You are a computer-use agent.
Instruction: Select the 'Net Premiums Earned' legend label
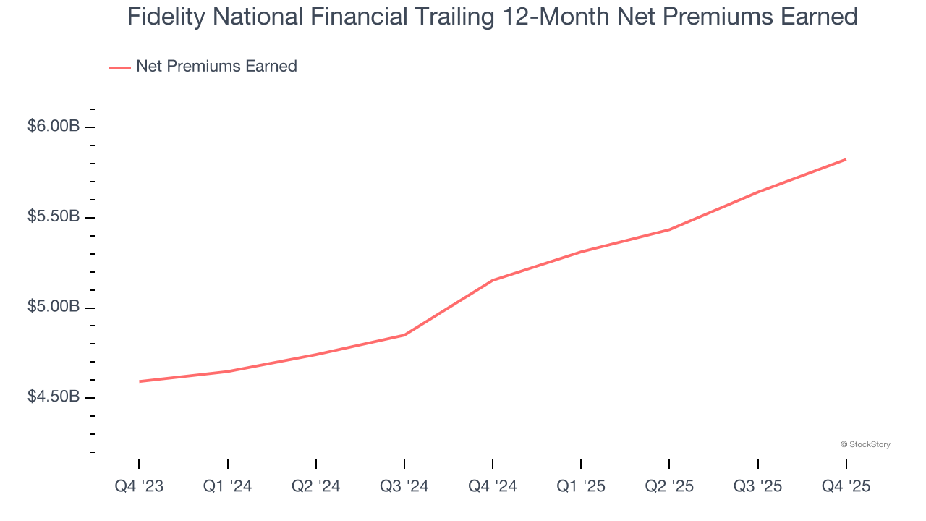click(216, 67)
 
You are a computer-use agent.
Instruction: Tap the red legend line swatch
click(119, 67)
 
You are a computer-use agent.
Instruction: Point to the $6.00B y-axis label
click(54, 126)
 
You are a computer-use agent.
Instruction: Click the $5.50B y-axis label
click(54, 216)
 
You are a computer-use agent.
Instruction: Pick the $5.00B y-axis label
click(54, 307)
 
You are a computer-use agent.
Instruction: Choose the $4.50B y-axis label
click(54, 397)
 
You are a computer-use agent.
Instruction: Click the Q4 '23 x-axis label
click(139, 486)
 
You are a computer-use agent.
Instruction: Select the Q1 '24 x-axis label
click(227, 486)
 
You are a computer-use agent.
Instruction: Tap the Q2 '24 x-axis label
click(315, 486)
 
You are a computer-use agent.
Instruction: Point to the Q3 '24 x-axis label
click(404, 486)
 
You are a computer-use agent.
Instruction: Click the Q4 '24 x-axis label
click(492, 486)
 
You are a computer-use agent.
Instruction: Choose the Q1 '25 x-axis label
click(580, 486)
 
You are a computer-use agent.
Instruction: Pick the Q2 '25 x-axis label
click(668, 486)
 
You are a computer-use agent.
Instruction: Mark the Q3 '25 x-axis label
click(757, 486)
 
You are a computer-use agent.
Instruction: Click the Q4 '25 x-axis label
click(845, 486)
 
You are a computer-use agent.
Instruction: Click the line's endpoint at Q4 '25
click(846, 159)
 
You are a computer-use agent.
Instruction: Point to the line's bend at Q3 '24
click(404, 335)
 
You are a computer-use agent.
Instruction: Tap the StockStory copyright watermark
click(865, 444)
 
